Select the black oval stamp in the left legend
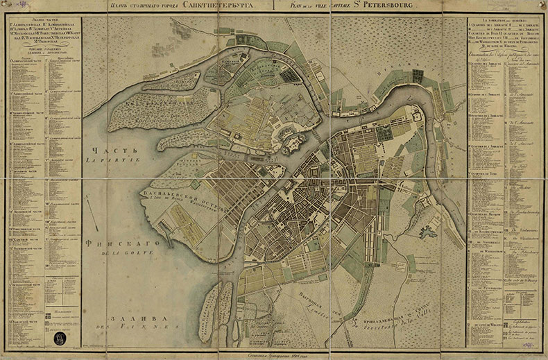pyautogui.click(x=60, y=340)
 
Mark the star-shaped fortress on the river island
pyautogui.click(x=291, y=145)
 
